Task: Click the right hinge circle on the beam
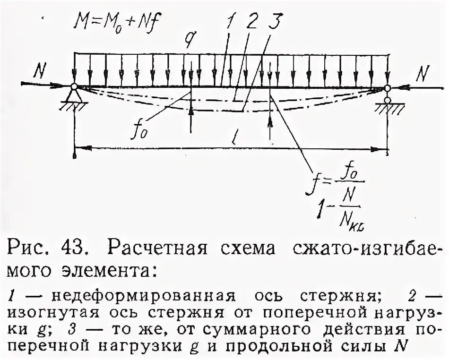[x=388, y=88]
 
